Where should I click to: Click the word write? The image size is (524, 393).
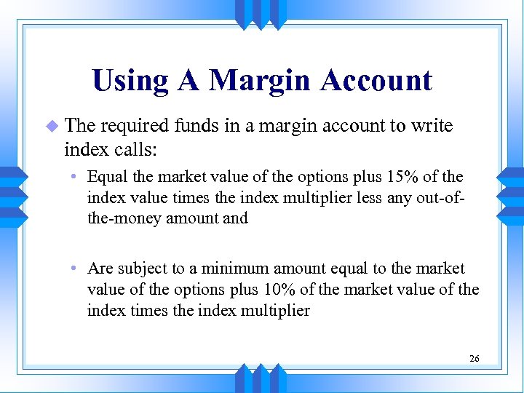pyautogui.click(x=432, y=126)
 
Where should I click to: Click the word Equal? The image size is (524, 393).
pyautogui.click(x=106, y=177)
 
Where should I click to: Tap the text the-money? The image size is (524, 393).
pyautogui.click(x=124, y=218)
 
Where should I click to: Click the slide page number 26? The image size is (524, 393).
pyautogui.click(x=474, y=359)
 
